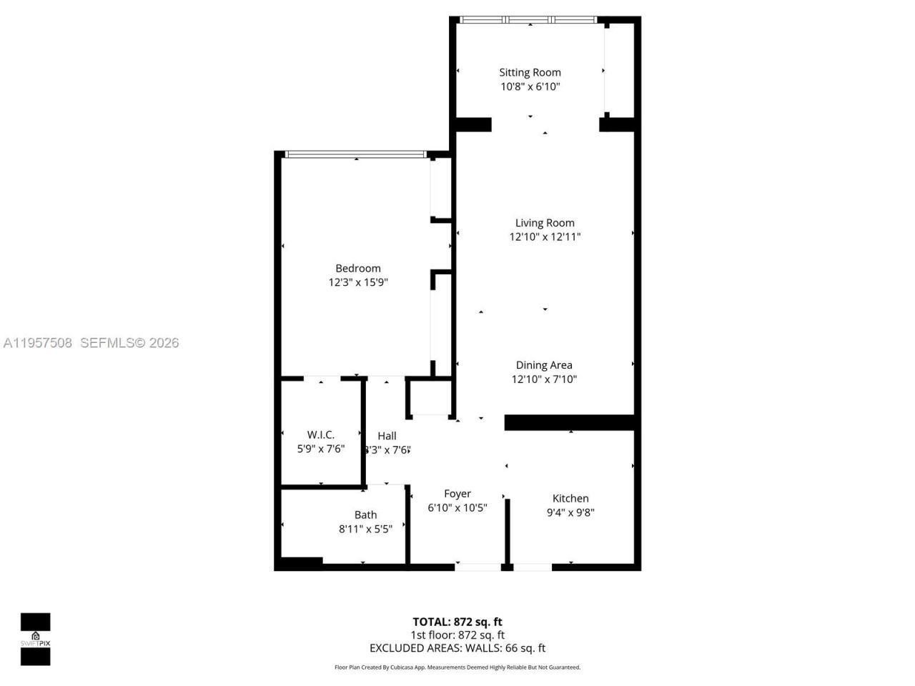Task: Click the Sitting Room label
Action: pyautogui.click(x=530, y=72)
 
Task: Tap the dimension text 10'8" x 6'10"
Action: pyautogui.click(x=530, y=86)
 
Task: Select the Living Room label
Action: pyautogui.click(x=545, y=223)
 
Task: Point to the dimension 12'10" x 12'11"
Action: pyautogui.click(x=545, y=237)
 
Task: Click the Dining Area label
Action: pyautogui.click(x=544, y=365)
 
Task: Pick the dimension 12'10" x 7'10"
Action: pyautogui.click(x=544, y=379)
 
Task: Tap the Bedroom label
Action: pyautogui.click(x=358, y=268)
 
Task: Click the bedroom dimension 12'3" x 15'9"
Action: pyautogui.click(x=358, y=282)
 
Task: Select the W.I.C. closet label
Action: pyautogui.click(x=321, y=434)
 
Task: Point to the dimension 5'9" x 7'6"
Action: pyautogui.click(x=321, y=449)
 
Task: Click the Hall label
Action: pyautogui.click(x=387, y=436)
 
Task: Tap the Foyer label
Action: pyautogui.click(x=457, y=494)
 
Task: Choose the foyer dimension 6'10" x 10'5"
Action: pyautogui.click(x=457, y=508)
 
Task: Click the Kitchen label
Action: pyautogui.click(x=570, y=498)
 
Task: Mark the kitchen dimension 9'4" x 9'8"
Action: pyautogui.click(x=570, y=512)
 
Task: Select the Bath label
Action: pyautogui.click(x=365, y=514)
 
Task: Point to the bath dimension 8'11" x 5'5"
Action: pyautogui.click(x=365, y=529)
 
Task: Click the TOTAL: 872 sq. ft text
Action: pyautogui.click(x=457, y=622)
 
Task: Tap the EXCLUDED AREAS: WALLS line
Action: pyautogui.click(x=457, y=648)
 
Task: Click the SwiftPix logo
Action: pyautogui.click(x=35, y=639)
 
